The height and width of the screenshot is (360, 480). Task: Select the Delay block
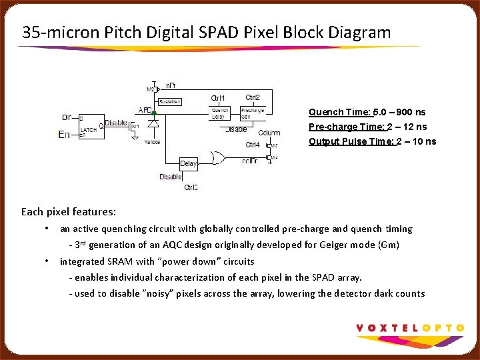189,163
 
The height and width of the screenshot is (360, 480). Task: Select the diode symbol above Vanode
153,124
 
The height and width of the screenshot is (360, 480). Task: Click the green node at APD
154,113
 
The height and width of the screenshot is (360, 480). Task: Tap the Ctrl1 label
218,99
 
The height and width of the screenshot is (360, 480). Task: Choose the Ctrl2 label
253,98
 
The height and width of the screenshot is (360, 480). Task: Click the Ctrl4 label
253,145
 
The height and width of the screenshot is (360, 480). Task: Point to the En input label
64,135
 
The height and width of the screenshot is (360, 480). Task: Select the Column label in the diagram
269,133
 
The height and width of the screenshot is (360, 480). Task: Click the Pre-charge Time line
368,127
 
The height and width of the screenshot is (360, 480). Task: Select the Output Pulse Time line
372,141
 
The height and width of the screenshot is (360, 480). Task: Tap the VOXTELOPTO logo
410,327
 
